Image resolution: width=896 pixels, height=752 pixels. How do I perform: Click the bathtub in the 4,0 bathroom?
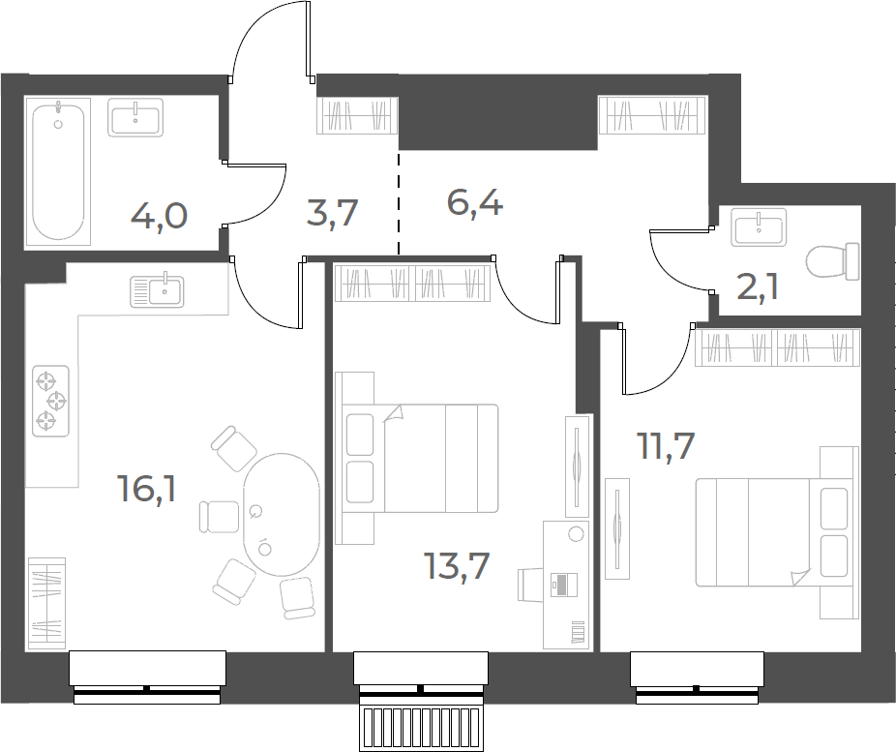[58, 171]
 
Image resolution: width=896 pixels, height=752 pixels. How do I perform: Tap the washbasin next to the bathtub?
[135, 117]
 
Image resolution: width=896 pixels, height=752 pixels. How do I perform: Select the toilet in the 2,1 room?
[833, 261]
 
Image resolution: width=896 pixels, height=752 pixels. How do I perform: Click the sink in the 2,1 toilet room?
[759, 226]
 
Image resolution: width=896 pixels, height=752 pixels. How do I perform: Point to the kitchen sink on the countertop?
[157, 291]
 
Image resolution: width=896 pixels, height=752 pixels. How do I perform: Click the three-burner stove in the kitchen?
[51, 401]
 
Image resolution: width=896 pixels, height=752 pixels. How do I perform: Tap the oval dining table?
[282, 514]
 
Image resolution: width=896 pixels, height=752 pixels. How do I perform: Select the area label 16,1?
[147, 489]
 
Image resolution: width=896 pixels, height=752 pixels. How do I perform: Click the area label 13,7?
[457, 566]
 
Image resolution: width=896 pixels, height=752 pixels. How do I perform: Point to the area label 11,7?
[666, 446]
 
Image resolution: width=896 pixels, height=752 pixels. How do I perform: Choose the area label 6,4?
[475, 204]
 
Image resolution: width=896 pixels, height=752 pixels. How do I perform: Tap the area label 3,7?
[332, 213]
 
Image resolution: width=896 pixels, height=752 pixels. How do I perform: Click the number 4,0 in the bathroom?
[160, 217]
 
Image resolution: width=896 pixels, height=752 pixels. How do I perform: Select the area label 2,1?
[757, 287]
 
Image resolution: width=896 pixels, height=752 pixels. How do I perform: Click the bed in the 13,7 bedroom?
[417, 459]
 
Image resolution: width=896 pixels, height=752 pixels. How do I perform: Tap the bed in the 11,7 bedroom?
[777, 532]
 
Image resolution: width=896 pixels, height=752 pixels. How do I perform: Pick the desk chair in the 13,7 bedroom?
[529, 585]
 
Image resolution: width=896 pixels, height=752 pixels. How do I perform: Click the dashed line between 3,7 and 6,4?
[399, 203]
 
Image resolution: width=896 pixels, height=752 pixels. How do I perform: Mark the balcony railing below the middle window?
[421, 730]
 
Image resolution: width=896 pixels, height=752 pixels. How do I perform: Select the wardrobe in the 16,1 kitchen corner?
[46, 603]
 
